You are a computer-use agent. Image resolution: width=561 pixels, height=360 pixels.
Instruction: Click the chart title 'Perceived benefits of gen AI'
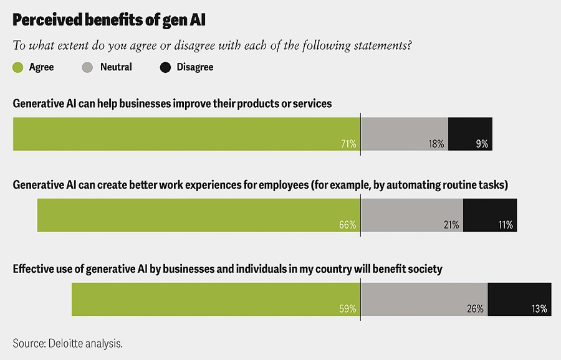point(109,19)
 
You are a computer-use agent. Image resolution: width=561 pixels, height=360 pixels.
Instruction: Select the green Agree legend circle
point(18,67)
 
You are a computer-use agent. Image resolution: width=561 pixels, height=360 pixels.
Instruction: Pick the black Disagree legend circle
point(165,67)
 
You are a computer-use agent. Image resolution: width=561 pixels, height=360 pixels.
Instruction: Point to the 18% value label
point(436,144)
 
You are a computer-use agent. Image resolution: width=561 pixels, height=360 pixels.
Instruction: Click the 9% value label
point(482,144)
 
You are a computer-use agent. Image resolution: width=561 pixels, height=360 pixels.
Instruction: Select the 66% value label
point(348,225)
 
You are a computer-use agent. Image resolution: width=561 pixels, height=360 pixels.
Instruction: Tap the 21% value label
point(451,225)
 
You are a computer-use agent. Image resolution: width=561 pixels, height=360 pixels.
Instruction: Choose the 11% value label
point(505,225)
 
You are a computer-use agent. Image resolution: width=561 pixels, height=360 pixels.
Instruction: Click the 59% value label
point(348,308)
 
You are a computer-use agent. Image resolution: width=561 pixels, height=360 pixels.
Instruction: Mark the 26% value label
point(476,308)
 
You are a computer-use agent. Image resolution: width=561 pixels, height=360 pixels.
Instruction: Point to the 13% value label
point(539,308)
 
